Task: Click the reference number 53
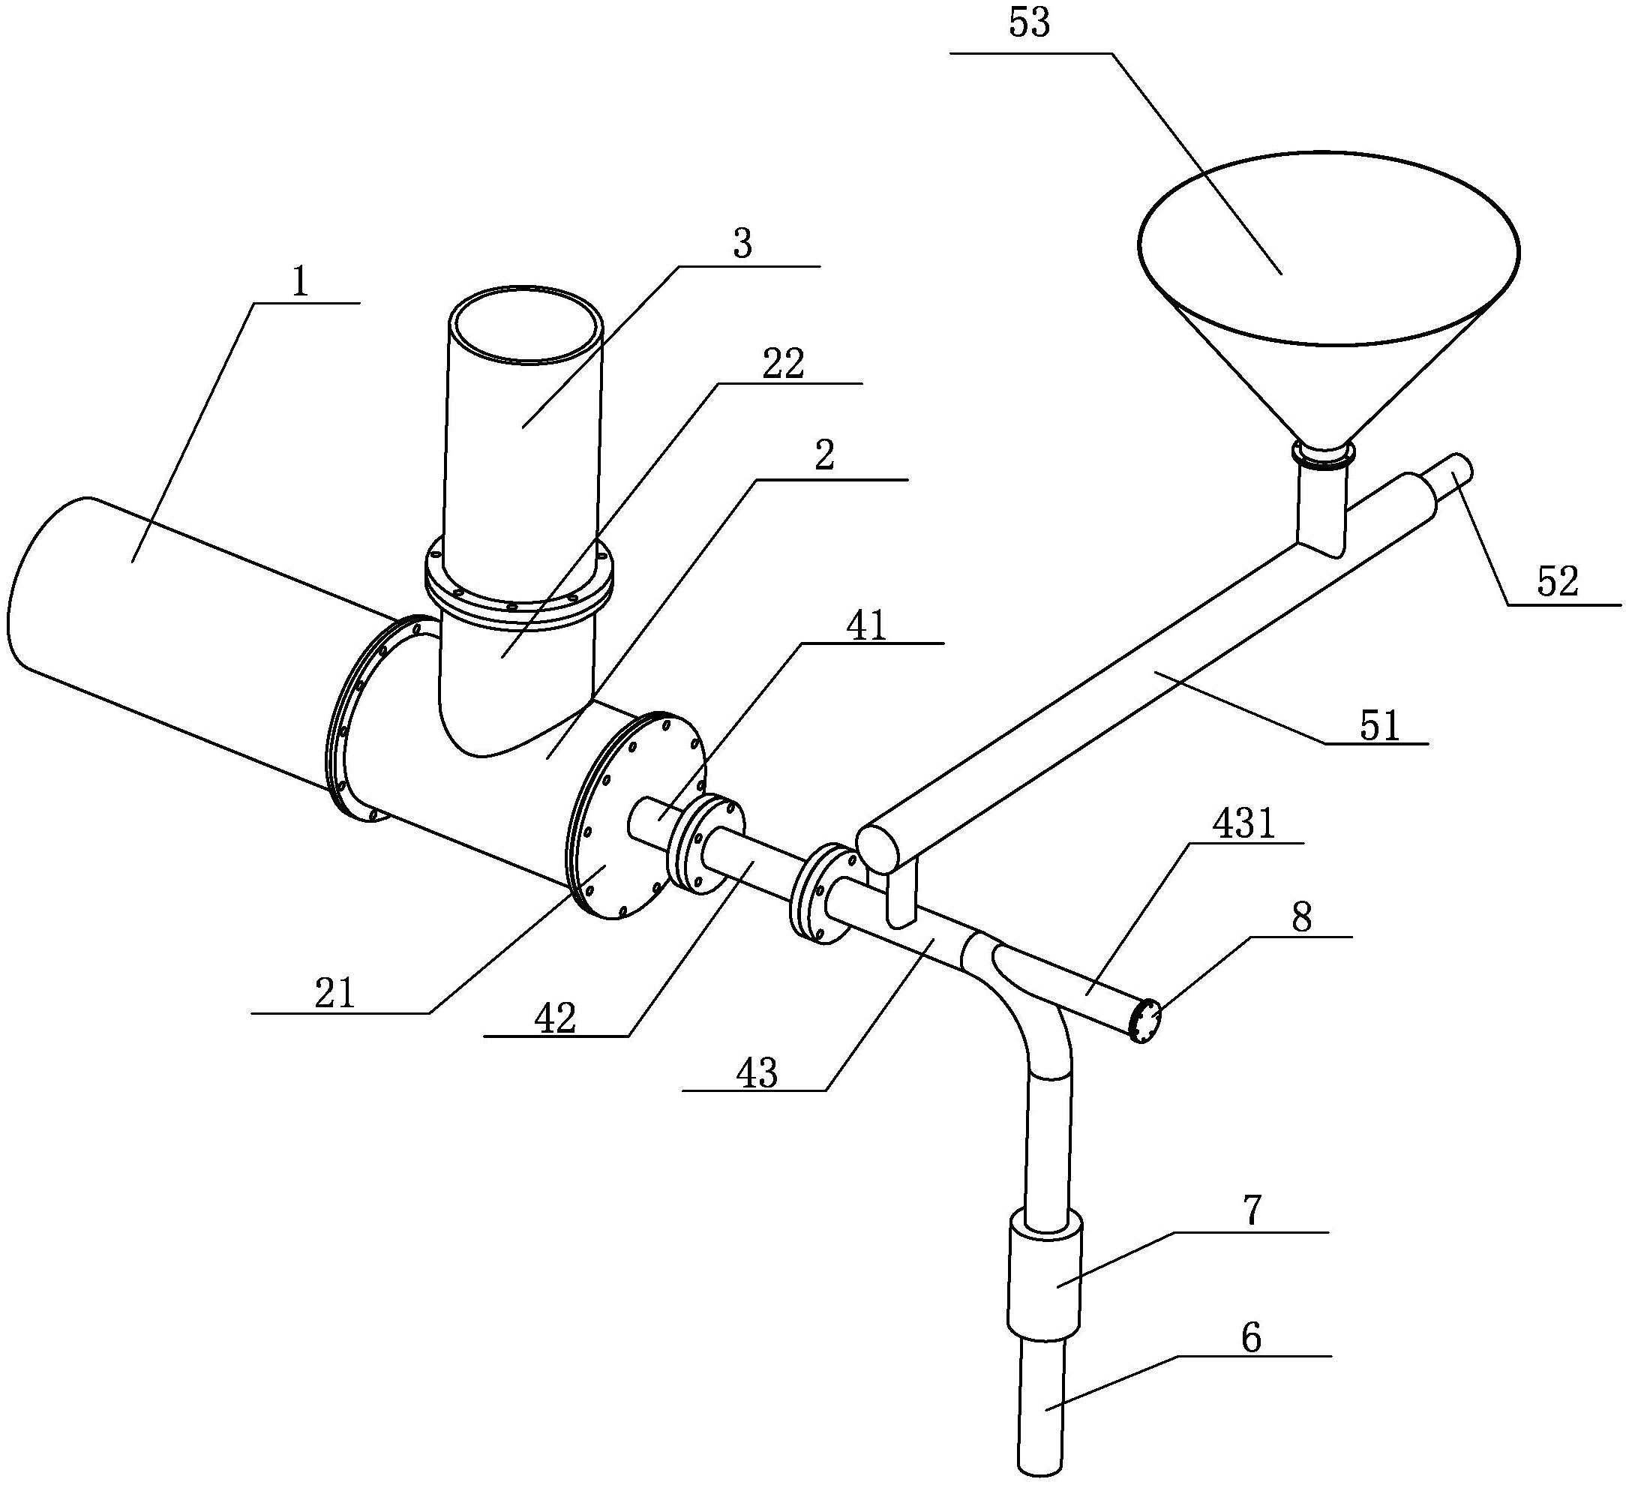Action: (1030, 23)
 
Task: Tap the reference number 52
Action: (1557, 581)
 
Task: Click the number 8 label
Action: (1301, 919)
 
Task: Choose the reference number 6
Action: (1250, 1338)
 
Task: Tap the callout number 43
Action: (757, 1074)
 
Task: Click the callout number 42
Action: (556, 1018)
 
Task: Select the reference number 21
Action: (334, 994)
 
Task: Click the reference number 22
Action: (784, 364)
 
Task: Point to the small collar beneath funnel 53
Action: (1323, 454)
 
